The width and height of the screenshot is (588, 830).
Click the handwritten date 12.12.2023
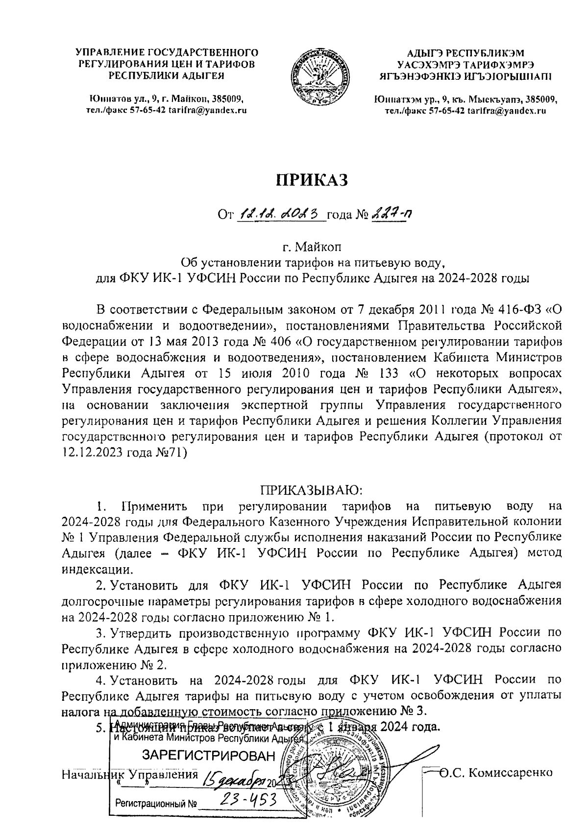pos(281,214)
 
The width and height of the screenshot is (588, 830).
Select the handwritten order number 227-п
pos(391,214)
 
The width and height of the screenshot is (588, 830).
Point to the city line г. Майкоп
pos(313,246)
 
